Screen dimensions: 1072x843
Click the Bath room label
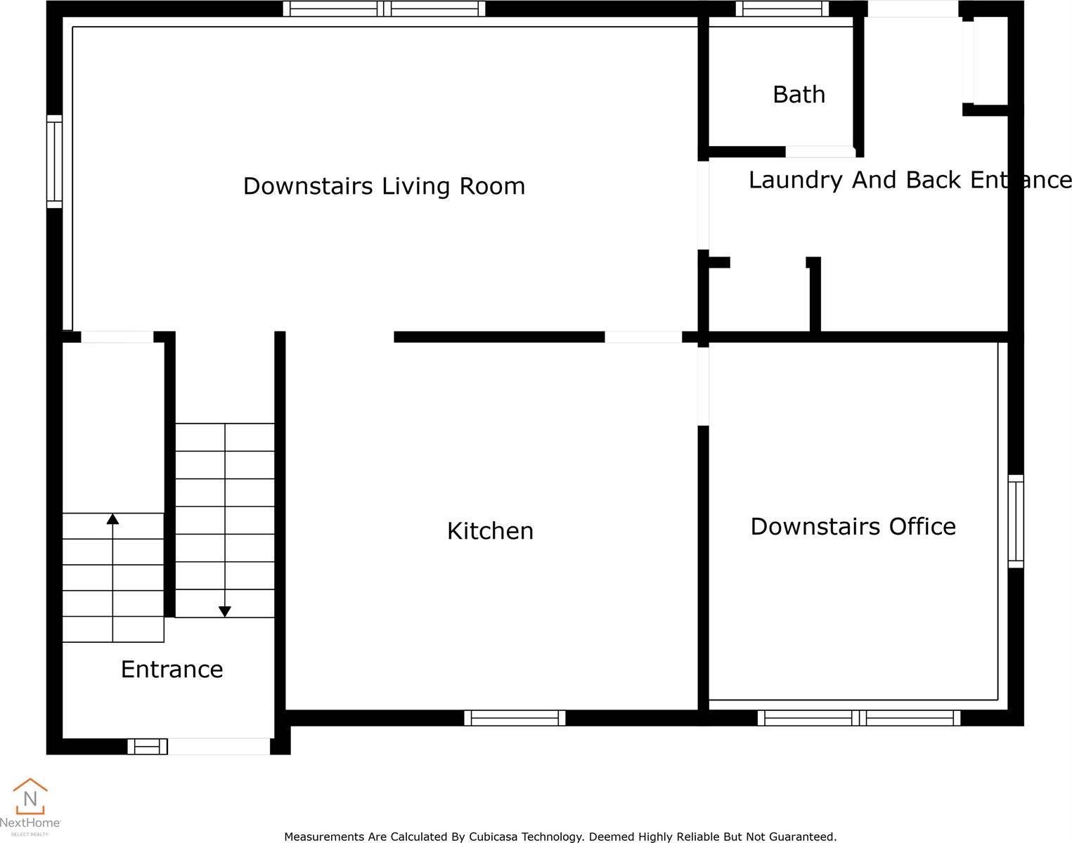pyautogui.click(x=799, y=95)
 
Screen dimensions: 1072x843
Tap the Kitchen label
pyautogui.click(x=490, y=531)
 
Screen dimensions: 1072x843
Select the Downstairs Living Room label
pyautogui.click(x=384, y=186)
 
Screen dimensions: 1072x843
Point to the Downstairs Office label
pyautogui.click(x=853, y=526)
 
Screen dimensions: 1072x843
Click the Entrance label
pyautogui.click(x=172, y=669)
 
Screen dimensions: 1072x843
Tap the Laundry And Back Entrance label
pyautogui.click(x=910, y=180)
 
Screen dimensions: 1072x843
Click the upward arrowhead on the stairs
pyautogui.click(x=112, y=519)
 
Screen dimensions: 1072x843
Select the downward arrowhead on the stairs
pyautogui.click(x=225, y=611)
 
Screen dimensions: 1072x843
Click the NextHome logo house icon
pyautogui.click(x=30, y=796)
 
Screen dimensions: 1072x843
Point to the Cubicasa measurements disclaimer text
pyautogui.click(x=560, y=837)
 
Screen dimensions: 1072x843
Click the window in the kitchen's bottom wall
pyautogui.click(x=515, y=718)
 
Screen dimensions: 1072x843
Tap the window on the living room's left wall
pyautogui.click(x=54, y=162)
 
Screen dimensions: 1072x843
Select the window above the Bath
pyautogui.click(x=782, y=8)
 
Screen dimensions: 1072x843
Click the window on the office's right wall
pyautogui.click(x=1016, y=521)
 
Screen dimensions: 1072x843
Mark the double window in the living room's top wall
pyautogui.click(x=384, y=8)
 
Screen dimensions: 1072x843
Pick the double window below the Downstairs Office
pyautogui.click(x=859, y=718)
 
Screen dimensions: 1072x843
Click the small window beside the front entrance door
pyautogui.click(x=148, y=746)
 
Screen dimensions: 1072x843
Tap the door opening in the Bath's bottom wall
pyautogui.click(x=820, y=151)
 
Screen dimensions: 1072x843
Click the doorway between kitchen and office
pyautogui.click(x=703, y=386)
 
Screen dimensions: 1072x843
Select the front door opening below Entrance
pyautogui.click(x=219, y=746)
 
